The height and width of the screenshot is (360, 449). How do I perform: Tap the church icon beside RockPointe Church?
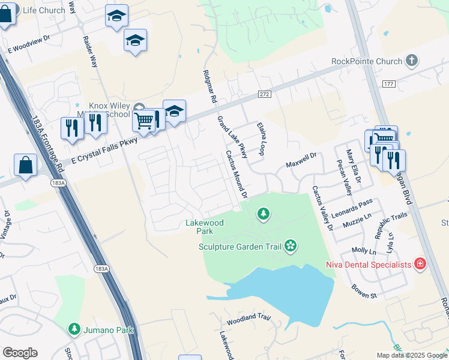(411, 61)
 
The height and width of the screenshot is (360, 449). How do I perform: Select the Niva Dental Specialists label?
(369, 264)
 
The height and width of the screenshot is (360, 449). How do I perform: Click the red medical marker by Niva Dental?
(420, 263)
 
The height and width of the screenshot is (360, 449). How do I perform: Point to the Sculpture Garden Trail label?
(241, 246)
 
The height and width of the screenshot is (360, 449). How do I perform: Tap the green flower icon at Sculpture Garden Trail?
(291, 245)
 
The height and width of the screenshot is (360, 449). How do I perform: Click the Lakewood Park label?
(204, 227)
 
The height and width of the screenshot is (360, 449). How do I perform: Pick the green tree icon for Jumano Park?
(74, 329)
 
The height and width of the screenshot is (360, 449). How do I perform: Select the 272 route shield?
(264, 94)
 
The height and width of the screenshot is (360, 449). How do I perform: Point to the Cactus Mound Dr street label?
(237, 175)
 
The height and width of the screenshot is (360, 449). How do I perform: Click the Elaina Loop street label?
(261, 139)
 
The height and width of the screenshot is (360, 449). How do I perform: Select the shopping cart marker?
(143, 121)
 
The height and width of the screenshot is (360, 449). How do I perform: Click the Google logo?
(20, 353)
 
